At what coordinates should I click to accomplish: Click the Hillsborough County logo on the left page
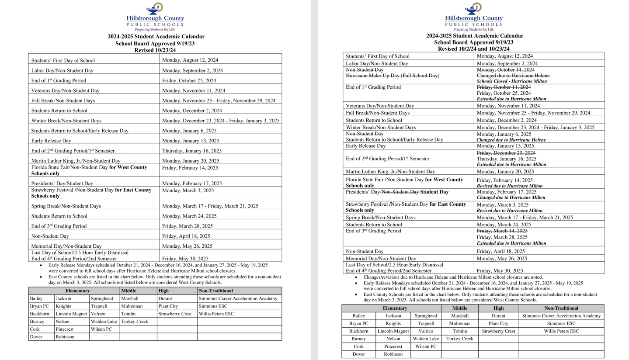pyautogui.click(x=155, y=17)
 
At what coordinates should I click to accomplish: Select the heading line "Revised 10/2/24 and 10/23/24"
pyautogui.click(x=473, y=49)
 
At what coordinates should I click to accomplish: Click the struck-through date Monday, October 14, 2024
pyautogui.click(x=505, y=70)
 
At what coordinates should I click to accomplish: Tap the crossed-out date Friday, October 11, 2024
pyautogui.click(x=504, y=87)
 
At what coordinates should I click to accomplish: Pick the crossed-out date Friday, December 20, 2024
pyautogui.click(x=506, y=153)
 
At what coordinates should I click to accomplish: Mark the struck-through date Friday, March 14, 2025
pyautogui.click(x=502, y=231)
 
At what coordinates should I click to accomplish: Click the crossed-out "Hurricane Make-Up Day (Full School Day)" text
pyautogui.click(x=392, y=76)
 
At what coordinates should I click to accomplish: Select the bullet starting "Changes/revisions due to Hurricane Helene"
pyautogui.click(x=453, y=277)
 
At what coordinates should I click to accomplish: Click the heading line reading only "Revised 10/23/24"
pyautogui.click(x=155, y=50)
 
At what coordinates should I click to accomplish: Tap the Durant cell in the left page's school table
pyautogui.click(x=165, y=299)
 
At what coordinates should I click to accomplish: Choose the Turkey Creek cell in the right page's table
pyautogui.click(x=459, y=339)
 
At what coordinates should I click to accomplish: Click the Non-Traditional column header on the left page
pyautogui.click(x=216, y=291)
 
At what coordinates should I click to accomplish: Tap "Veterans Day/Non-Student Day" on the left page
pyautogui.click(x=65, y=91)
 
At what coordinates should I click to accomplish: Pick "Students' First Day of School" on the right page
pyautogui.click(x=377, y=56)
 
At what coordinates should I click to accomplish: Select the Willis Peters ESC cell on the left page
pyautogui.click(x=216, y=314)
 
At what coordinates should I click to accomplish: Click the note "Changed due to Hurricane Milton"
pyautogui.click(x=511, y=197)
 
